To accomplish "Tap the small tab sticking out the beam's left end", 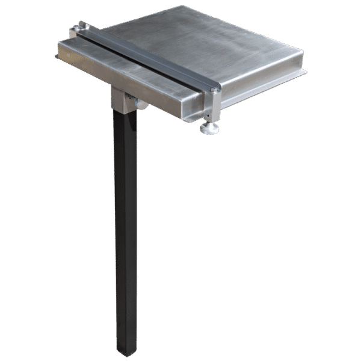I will (56, 57).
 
